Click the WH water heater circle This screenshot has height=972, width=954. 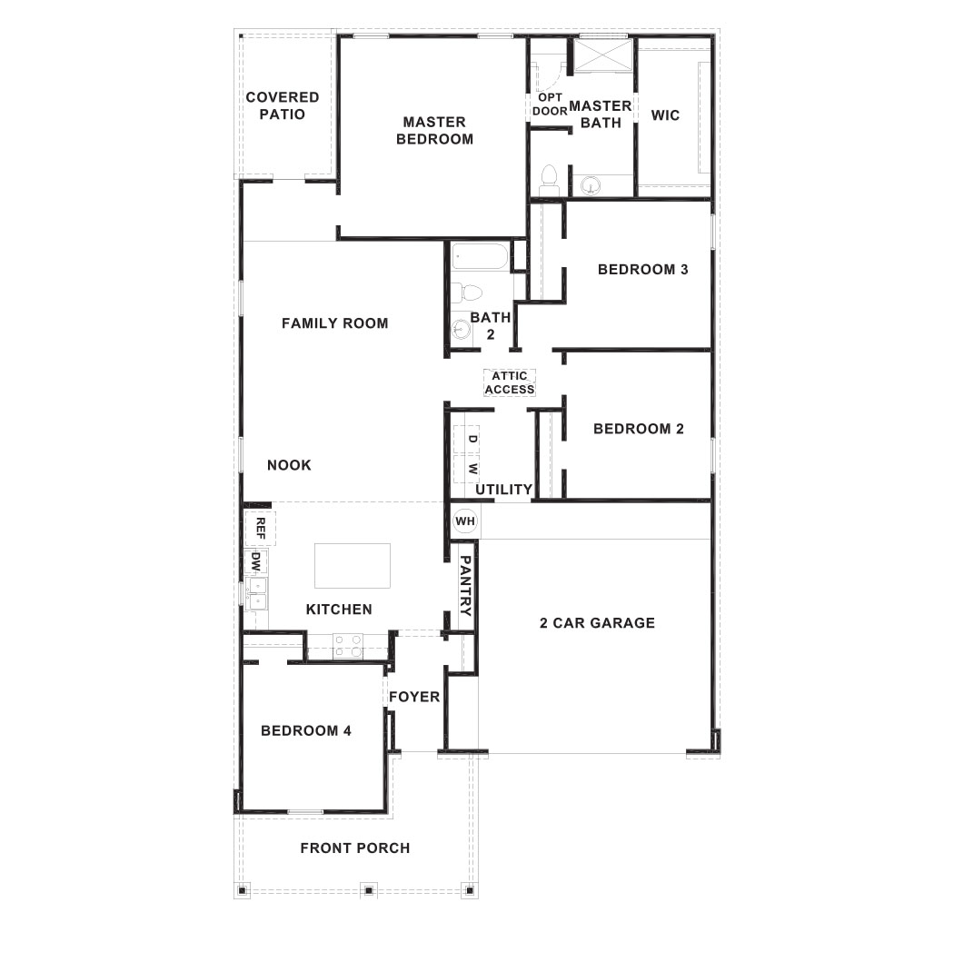coord(464,521)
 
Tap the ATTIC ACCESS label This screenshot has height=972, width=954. coord(510,382)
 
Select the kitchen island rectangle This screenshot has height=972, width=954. coord(353,565)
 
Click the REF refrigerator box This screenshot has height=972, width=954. coord(260,527)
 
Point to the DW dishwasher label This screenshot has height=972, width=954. coord(255,561)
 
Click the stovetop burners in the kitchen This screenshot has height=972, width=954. coord(348,646)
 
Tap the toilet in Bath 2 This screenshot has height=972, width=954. coord(469,293)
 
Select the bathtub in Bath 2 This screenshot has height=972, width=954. coord(479,256)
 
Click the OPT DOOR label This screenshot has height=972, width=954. coord(550,104)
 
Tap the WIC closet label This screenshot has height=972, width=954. coord(665,115)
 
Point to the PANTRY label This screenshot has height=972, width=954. coord(465,586)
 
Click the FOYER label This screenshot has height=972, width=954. coord(414,697)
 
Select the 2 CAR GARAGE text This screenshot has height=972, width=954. coord(597,622)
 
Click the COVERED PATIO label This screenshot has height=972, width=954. coord(283,105)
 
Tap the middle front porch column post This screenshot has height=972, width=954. coord(369,890)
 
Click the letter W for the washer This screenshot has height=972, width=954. coord(472,469)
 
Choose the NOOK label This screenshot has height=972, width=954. coord(289,465)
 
